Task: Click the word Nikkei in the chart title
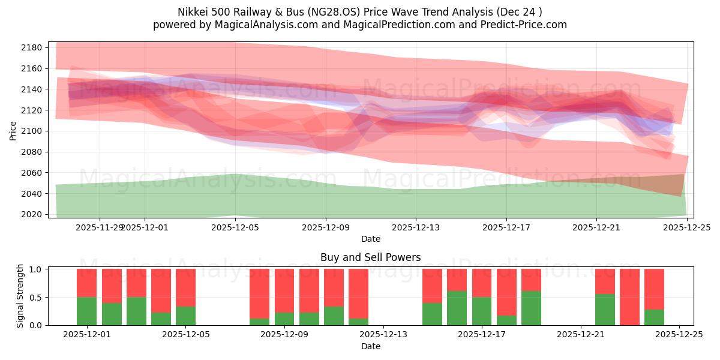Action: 192,12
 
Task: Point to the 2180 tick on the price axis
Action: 32,48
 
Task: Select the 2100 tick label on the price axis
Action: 32,131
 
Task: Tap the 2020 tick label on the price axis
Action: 32,214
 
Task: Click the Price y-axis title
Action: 13,130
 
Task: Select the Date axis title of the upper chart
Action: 370,239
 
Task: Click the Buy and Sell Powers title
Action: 370,257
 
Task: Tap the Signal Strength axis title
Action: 20,296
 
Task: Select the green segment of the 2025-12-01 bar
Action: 87,311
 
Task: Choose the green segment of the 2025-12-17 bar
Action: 482,311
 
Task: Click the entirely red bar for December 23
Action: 629,297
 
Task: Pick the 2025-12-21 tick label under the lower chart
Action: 581,335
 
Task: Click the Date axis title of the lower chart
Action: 370,346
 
